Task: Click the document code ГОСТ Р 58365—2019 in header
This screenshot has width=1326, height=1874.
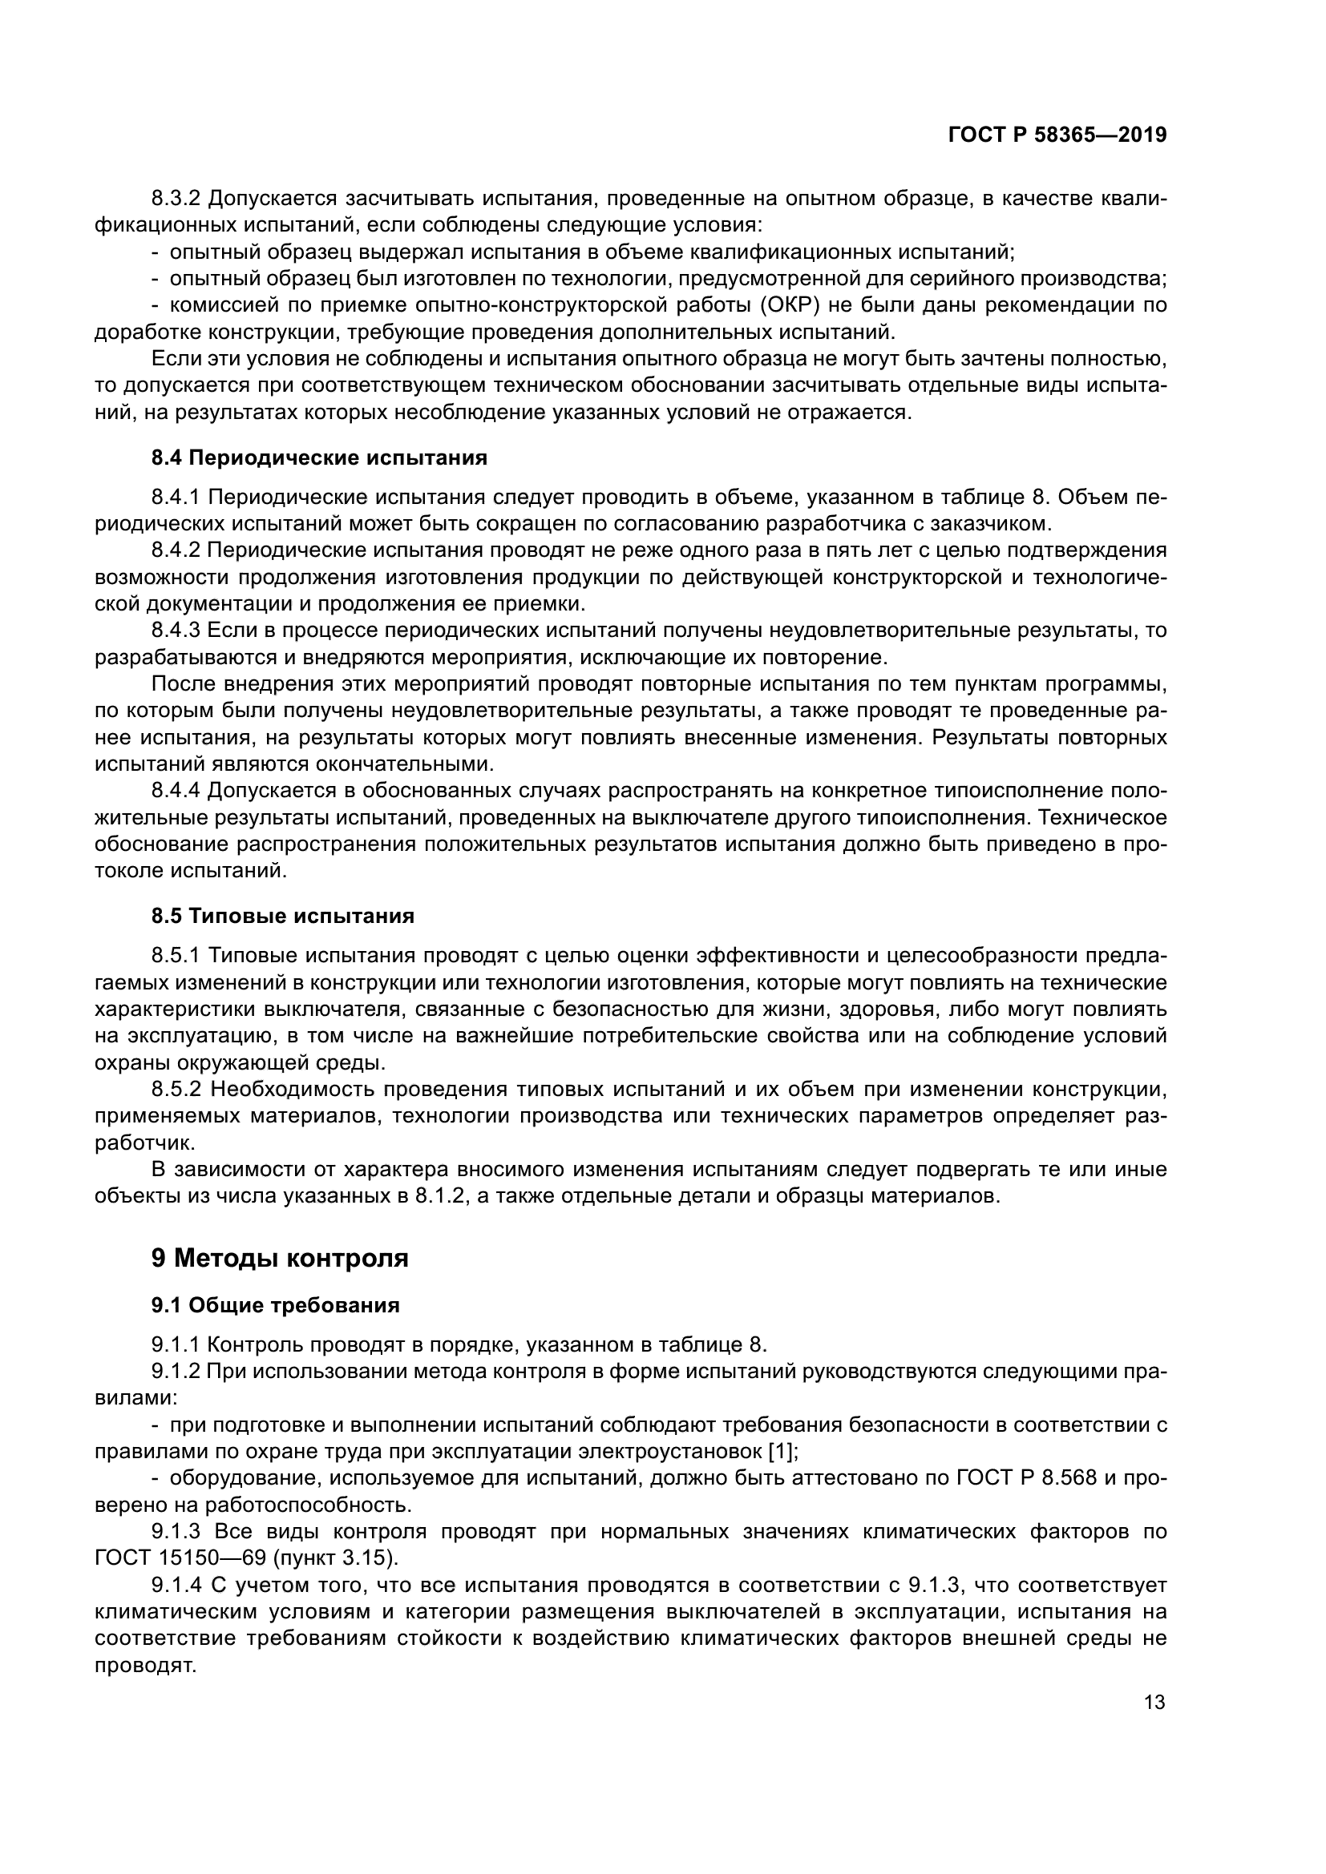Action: click(x=1057, y=135)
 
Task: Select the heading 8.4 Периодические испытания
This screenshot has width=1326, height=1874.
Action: click(x=319, y=458)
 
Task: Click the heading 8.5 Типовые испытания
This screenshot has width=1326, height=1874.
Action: click(x=282, y=916)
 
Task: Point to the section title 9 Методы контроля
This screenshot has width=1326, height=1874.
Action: click(x=279, y=1258)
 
